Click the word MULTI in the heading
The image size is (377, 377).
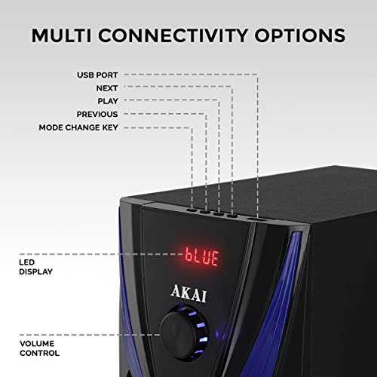[61, 35]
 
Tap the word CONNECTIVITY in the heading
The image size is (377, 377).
[173, 35]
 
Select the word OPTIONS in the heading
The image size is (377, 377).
[300, 35]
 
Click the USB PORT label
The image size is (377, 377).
[97, 75]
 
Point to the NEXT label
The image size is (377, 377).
[107, 88]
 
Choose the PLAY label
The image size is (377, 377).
[108, 101]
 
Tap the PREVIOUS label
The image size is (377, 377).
[97, 115]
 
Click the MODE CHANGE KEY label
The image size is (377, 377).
[78, 127]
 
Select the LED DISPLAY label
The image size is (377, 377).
[35, 267]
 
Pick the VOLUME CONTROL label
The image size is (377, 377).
[39, 348]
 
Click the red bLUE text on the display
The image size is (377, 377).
[201, 256]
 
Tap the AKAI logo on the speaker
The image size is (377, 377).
[188, 293]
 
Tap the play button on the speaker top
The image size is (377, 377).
[219, 214]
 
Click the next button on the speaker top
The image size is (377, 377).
[232, 216]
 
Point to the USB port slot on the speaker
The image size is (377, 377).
[256, 220]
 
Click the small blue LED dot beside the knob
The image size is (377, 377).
[218, 334]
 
